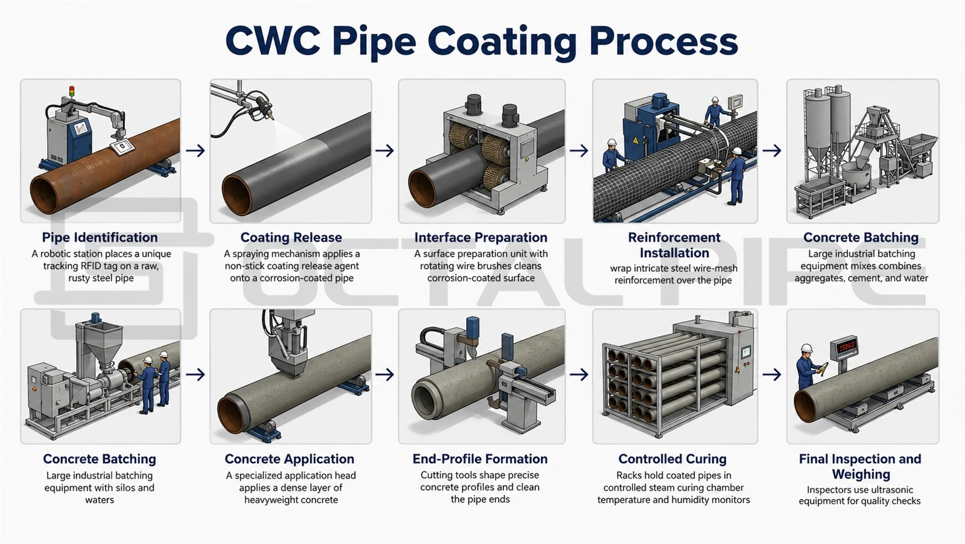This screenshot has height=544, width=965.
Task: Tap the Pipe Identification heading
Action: point(100,237)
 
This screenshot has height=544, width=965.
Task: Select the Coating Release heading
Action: point(291,237)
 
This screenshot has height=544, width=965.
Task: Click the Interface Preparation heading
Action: point(481,237)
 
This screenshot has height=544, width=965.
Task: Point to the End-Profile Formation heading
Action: point(480,459)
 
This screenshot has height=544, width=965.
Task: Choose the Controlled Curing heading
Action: point(672,459)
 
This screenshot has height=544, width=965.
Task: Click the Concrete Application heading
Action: point(289,459)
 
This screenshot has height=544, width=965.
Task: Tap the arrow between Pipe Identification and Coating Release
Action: point(195,150)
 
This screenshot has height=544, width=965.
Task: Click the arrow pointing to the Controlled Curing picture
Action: point(579,374)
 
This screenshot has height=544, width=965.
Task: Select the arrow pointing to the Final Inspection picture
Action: point(771,374)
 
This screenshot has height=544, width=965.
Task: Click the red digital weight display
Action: point(845,347)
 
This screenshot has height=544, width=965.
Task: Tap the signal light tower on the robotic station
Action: point(72,92)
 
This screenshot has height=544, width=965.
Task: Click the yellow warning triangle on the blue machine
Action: point(636,140)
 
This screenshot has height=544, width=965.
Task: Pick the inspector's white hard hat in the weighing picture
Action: point(806,348)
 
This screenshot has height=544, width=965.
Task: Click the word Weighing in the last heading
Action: point(861,475)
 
